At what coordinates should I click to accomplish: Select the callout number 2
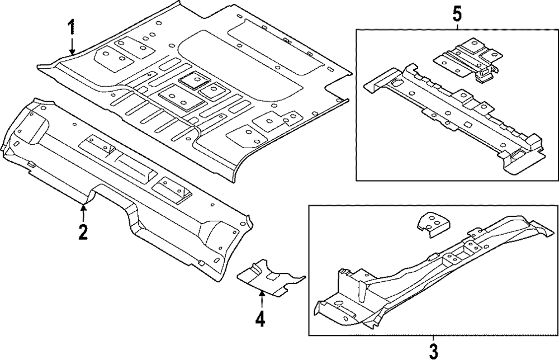pos(83,231)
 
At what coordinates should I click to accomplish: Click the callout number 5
pos(457,12)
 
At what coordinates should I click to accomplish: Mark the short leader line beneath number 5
pos(457,26)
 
